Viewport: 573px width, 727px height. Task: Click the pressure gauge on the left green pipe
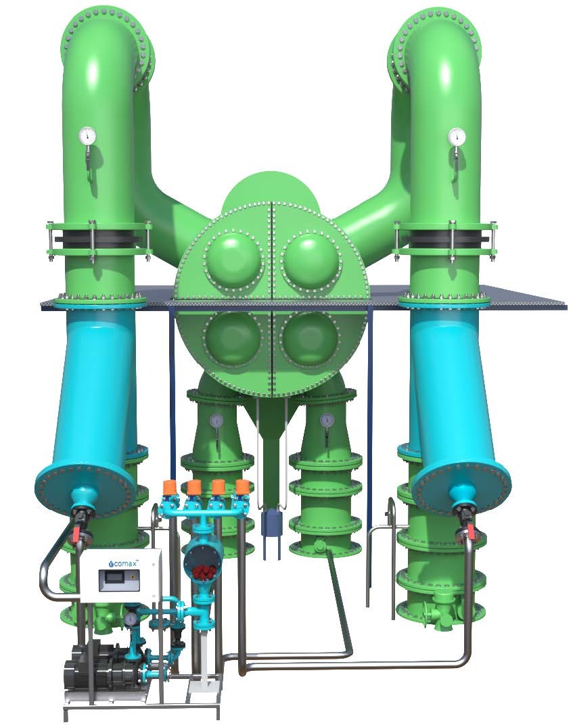pos(87,135)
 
